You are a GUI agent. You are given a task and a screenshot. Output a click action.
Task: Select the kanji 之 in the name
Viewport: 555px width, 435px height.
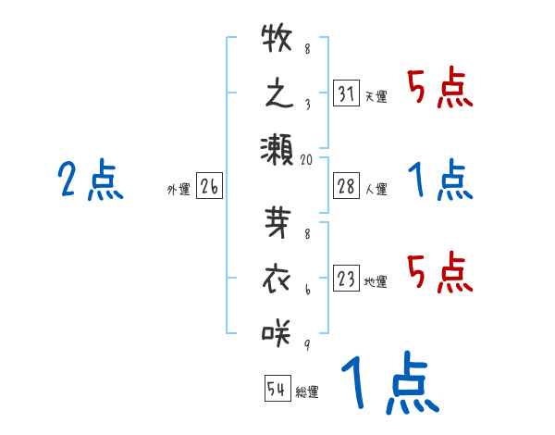278,94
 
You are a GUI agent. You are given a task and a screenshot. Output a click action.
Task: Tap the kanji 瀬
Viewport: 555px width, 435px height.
277,146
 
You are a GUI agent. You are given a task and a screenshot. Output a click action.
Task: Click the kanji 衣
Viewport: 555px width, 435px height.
278,280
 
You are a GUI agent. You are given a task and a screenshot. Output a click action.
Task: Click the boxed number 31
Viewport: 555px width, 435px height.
346,93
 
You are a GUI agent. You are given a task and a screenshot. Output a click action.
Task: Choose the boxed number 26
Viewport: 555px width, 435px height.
209,188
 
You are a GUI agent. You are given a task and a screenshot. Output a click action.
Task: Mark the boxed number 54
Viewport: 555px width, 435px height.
277,390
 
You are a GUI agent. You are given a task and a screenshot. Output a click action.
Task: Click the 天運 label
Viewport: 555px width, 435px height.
376,97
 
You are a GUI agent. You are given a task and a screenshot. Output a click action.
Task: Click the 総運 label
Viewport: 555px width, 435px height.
307,392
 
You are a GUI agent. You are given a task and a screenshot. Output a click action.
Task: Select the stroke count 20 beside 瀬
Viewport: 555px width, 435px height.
307,159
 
